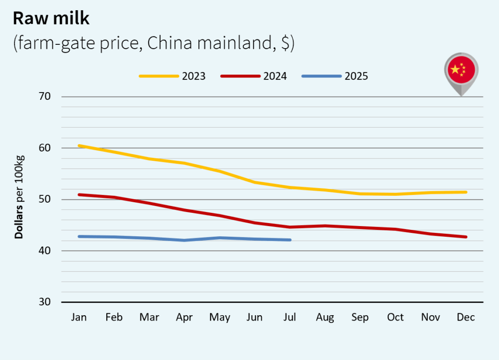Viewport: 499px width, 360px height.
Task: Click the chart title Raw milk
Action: click(x=51, y=19)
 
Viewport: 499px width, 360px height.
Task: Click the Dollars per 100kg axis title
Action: click(x=19, y=197)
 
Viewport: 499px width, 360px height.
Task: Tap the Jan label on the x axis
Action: click(x=79, y=318)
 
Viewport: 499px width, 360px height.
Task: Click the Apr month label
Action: click(x=184, y=318)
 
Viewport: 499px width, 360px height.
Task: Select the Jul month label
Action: click(x=290, y=318)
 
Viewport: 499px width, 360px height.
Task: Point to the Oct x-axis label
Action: click(x=395, y=318)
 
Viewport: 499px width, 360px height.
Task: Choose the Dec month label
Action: click(x=466, y=318)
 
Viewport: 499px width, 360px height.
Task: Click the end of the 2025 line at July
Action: click(x=290, y=240)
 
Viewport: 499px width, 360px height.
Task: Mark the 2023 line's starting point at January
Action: click(x=79, y=145)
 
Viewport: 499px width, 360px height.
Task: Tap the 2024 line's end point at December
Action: click(x=466, y=237)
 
